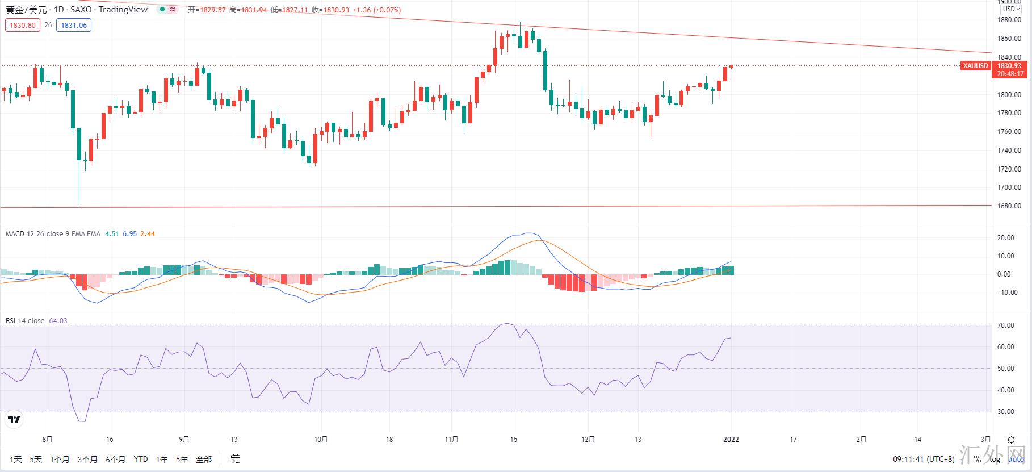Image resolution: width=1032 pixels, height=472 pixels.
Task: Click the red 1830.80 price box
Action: point(23,25)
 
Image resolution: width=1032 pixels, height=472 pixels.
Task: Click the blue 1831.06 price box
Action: point(74,25)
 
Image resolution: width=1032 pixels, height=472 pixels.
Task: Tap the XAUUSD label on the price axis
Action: point(976,66)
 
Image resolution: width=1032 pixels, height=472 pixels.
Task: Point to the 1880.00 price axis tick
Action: point(1009,20)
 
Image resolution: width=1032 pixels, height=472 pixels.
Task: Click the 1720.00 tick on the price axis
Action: point(1009,169)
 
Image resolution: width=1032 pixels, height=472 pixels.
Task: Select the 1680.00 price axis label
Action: point(1009,206)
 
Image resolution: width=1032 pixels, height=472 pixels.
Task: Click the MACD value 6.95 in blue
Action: point(129,234)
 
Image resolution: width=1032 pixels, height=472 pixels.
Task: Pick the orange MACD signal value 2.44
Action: point(148,234)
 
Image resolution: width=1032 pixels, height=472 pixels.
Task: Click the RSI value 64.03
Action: point(58,321)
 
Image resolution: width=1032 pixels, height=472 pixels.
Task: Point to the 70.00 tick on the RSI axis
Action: point(1006,325)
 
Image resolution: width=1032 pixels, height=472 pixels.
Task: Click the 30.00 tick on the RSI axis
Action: point(1006,412)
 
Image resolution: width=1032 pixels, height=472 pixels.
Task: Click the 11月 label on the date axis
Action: point(452,439)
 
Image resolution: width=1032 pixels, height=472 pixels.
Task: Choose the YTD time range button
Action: point(141,459)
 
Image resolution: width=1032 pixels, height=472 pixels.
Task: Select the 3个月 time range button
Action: point(87,459)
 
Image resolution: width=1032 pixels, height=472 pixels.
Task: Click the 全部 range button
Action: point(204,459)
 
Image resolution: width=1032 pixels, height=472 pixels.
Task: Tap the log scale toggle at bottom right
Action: point(995,459)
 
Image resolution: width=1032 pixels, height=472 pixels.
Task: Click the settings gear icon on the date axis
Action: point(1011,440)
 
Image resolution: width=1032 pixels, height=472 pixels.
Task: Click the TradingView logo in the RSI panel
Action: point(14,420)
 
